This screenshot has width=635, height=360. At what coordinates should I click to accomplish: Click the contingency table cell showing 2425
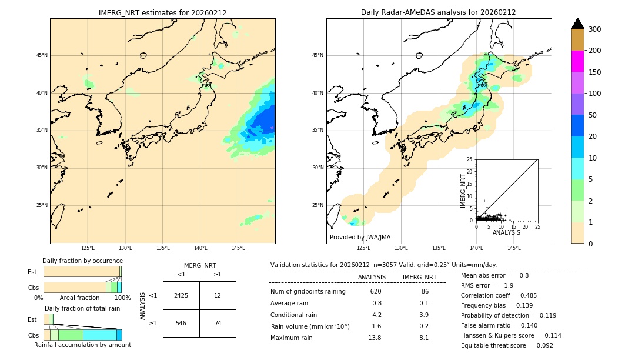click(181, 295)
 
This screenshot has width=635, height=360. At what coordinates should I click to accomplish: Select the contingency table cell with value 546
click(181, 323)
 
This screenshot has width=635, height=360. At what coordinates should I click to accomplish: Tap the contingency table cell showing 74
click(218, 323)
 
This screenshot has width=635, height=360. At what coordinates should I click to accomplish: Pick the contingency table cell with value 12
click(218, 295)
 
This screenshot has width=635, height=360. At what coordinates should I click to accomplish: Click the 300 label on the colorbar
click(595, 29)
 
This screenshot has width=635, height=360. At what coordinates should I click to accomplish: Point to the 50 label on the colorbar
click(593, 115)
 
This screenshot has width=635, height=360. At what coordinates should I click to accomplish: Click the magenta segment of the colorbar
click(577, 61)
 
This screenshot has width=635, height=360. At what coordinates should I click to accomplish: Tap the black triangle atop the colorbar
click(577, 24)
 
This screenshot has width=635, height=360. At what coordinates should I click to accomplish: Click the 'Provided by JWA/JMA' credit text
click(360, 238)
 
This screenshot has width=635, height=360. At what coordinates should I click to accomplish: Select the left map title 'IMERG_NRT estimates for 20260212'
click(162, 12)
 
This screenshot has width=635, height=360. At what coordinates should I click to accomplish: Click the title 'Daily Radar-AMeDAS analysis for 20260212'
click(438, 12)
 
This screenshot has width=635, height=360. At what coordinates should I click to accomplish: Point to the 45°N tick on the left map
click(42, 55)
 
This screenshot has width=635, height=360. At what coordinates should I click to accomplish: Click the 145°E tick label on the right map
click(514, 248)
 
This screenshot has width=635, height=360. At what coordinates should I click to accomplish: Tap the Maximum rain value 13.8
click(375, 338)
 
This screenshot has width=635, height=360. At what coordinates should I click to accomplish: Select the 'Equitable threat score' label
click(499, 345)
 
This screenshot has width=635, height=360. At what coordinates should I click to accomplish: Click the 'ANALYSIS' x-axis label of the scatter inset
click(506, 232)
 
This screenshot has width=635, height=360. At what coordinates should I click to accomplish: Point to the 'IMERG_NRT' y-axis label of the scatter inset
click(462, 191)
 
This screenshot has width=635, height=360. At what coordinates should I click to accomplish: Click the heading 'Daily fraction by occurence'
click(82, 261)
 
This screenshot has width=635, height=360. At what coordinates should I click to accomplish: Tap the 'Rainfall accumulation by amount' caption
click(82, 345)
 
